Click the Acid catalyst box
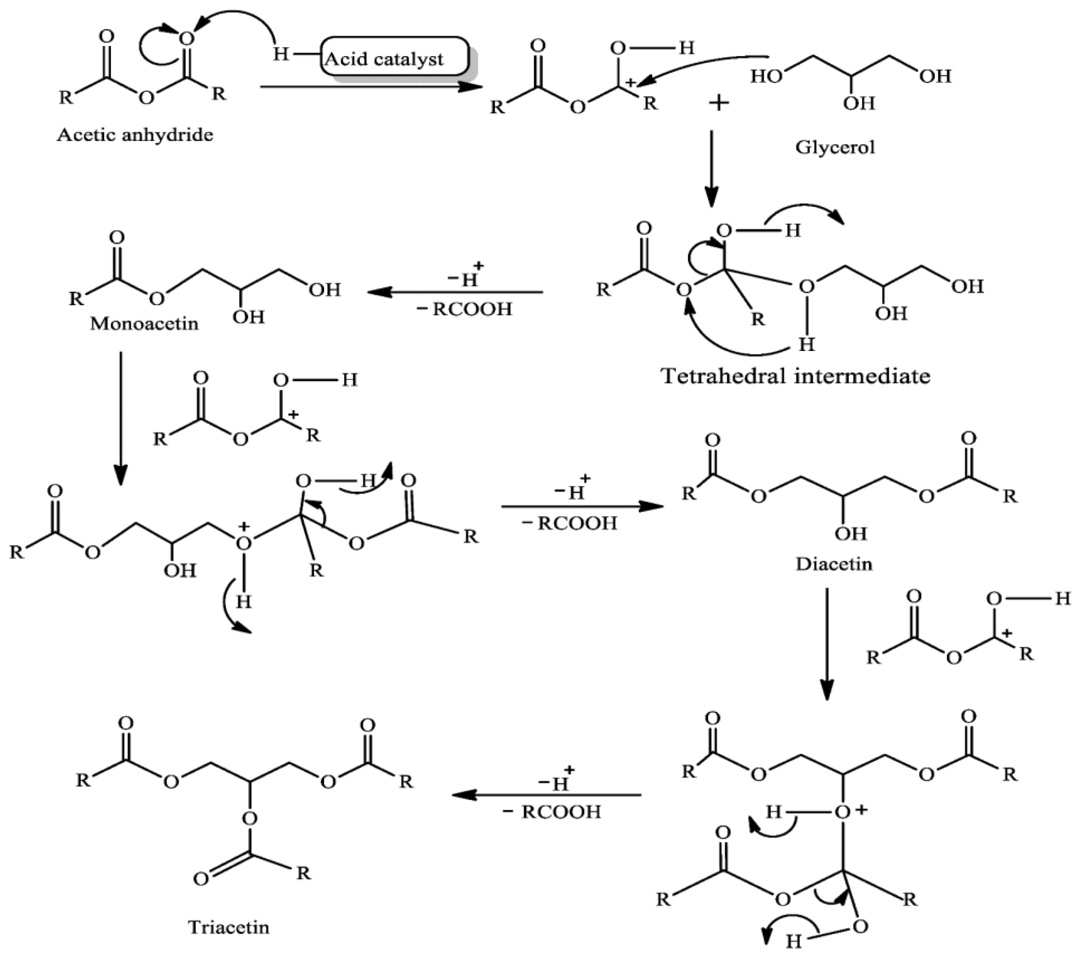(x=394, y=57)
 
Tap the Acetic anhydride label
(x=135, y=135)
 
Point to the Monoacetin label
(x=144, y=323)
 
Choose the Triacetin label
(x=229, y=927)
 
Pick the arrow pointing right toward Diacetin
(x=582, y=506)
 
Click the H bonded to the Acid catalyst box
(x=281, y=54)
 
